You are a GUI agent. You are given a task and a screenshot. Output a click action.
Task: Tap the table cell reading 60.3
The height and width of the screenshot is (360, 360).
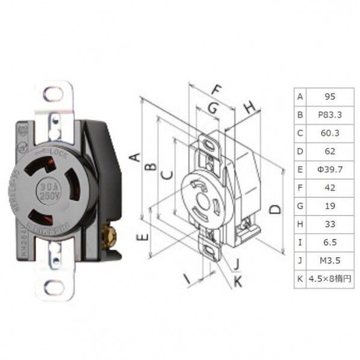coord(329,132)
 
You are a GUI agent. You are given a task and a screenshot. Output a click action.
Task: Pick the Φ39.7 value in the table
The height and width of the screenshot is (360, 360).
coord(329,169)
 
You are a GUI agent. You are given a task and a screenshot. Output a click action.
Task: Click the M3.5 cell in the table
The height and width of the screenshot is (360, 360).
coord(329,261)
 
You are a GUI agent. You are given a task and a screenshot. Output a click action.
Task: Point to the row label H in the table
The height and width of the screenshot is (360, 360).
coord(300,224)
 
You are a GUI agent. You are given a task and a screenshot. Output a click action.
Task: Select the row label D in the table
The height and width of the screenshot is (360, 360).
coord(300,151)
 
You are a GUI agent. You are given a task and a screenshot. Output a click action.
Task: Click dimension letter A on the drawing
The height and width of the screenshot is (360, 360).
coord(136,157)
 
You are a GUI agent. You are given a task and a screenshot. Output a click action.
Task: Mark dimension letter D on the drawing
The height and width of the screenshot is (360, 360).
coord(275,209)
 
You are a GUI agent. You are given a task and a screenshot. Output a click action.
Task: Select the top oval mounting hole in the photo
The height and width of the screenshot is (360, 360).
coord(53,95)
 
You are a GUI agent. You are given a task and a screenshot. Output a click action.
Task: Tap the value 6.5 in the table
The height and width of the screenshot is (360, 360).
coord(329,243)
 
